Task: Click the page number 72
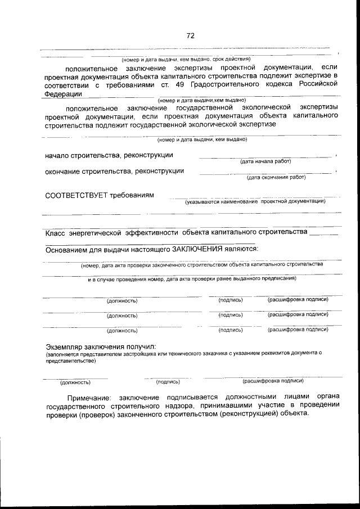point(190,35)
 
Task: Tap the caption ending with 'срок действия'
point(186,59)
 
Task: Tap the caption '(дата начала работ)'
point(265,161)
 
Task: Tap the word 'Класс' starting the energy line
point(56,232)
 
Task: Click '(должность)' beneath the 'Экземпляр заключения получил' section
point(75,382)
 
